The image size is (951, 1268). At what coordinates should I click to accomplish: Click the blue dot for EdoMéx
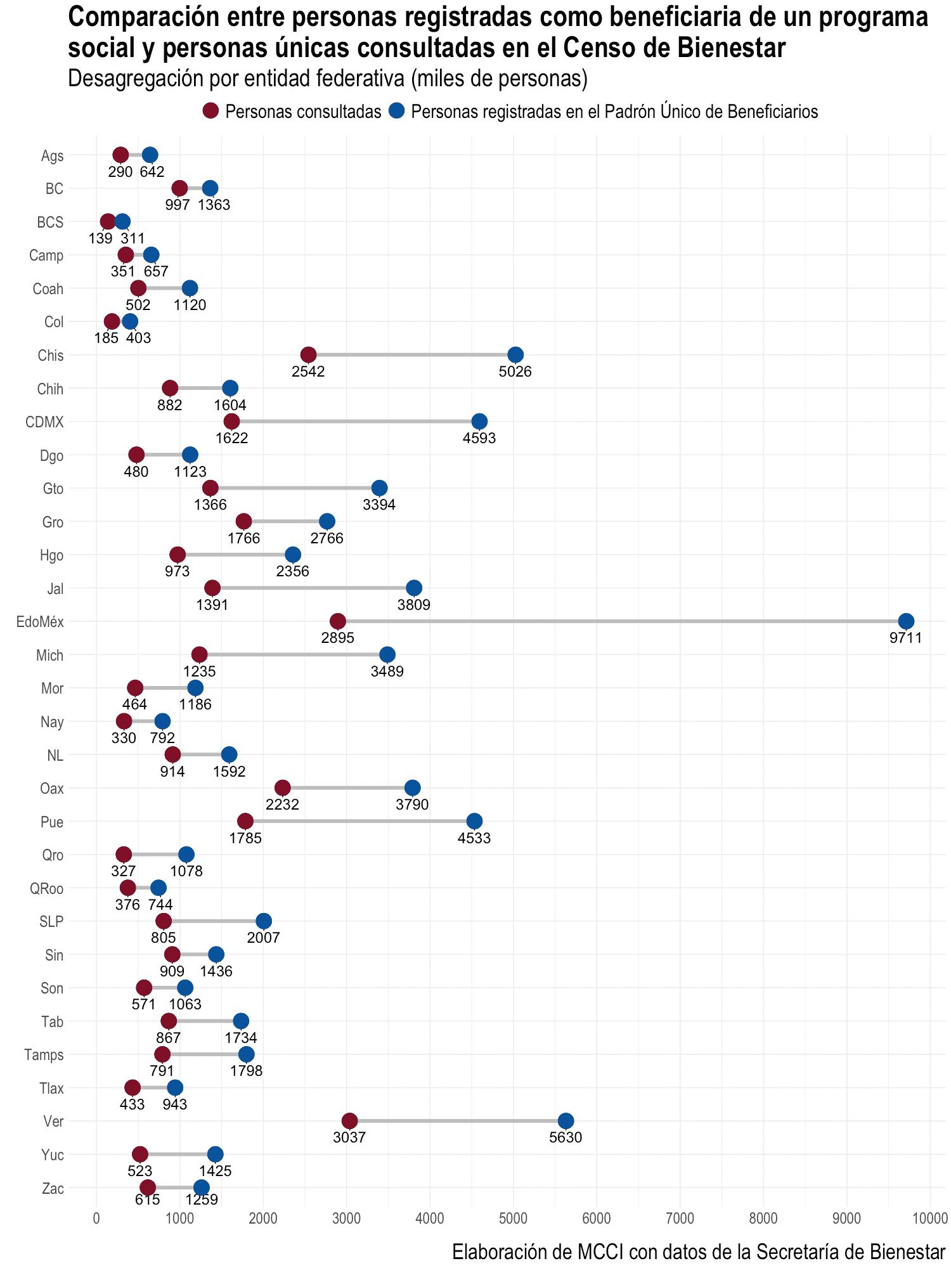point(906,621)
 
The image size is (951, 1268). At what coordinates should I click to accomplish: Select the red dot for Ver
point(349,1120)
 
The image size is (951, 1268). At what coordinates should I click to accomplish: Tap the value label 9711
point(905,638)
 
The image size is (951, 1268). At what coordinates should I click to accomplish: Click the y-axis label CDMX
point(44,422)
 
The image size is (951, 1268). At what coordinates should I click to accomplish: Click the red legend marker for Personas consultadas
point(210,111)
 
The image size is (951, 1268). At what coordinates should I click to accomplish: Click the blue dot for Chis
point(515,355)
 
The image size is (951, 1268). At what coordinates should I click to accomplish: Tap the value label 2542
point(308,372)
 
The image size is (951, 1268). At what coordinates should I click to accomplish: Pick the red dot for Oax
point(283,787)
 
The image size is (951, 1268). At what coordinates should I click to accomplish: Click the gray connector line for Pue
point(359,821)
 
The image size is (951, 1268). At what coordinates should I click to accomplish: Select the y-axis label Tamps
point(44,1055)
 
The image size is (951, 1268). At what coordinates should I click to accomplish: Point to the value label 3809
point(414,605)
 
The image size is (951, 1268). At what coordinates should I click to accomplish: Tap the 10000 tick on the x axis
point(929,1218)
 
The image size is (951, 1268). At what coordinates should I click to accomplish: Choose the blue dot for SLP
point(264,921)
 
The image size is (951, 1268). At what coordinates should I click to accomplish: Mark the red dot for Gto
point(210,488)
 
